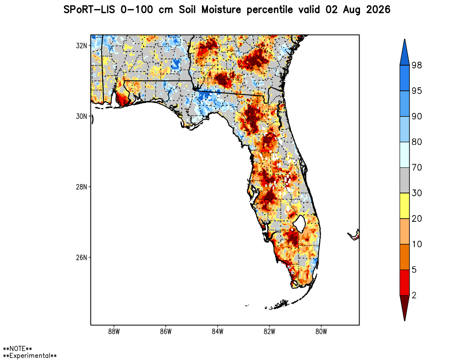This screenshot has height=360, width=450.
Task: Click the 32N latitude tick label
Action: point(81,45)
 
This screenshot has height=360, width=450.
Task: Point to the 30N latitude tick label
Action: point(81,116)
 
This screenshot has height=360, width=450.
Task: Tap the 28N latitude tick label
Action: point(81,187)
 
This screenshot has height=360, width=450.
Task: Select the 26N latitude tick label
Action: point(81,257)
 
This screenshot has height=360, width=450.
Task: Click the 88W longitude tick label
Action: point(114,332)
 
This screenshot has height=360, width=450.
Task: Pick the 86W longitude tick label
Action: point(166,332)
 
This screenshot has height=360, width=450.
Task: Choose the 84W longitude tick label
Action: point(217,332)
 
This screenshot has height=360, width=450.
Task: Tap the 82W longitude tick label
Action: point(269,332)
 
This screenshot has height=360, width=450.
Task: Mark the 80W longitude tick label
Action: point(321,332)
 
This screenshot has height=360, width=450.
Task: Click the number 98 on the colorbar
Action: point(417,65)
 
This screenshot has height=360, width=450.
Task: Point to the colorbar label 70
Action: point(417,167)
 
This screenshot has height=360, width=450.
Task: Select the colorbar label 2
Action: point(414,295)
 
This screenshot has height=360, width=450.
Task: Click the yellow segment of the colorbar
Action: point(405,206)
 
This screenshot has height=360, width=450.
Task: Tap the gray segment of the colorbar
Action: point(405,180)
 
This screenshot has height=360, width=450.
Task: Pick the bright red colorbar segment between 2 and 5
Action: point(405,283)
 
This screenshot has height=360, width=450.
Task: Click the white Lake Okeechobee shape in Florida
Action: point(300,224)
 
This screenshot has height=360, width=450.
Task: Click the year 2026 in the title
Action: point(378,10)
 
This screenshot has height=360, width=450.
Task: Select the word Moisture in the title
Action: point(221,10)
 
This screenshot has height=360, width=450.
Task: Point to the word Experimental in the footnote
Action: point(30,355)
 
